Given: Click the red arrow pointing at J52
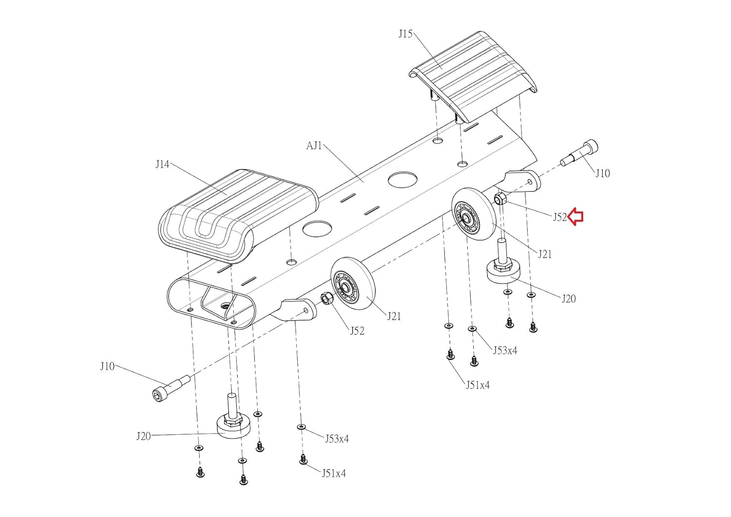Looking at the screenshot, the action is pos(576,217).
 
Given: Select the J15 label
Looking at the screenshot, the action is pos(405,34).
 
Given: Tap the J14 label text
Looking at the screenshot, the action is pos(162,164).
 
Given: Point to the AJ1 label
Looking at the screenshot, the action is pos(314,146).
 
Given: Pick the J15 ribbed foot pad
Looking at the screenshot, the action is pos(473,77).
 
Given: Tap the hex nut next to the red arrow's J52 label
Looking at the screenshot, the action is pos(500,198).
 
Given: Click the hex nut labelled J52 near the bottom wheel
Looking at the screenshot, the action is pos(327,298).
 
